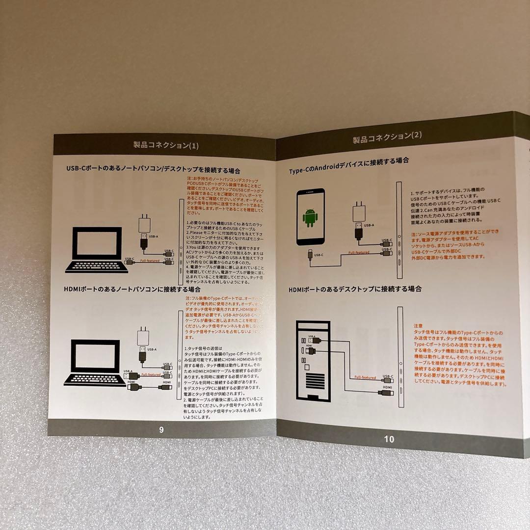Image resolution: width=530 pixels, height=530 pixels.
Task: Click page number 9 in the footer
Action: click(x=161, y=429)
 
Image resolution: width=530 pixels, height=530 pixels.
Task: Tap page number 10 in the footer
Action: click(x=389, y=439)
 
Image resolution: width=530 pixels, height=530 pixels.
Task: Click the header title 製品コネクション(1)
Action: click(x=166, y=145)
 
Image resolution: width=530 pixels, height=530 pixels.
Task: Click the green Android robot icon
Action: click(x=310, y=217)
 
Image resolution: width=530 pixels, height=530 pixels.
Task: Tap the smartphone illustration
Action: click(x=310, y=216)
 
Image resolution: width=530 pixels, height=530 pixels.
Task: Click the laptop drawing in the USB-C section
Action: click(x=96, y=250)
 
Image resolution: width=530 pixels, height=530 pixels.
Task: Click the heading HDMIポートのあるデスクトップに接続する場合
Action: click(x=355, y=289)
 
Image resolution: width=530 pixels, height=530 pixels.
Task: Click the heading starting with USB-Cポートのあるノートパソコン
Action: click(x=153, y=169)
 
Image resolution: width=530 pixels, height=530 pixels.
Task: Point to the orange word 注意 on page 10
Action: click(x=418, y=325)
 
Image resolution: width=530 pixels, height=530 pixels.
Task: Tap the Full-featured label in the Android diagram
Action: click(x=359, y=253)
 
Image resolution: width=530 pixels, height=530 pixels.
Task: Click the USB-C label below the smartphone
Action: click(x=318, y=255)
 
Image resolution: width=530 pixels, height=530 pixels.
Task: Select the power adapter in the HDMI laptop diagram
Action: click(x=144, y=338)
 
